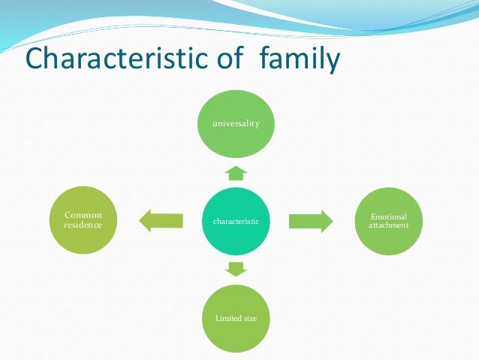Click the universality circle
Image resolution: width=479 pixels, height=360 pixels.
236,123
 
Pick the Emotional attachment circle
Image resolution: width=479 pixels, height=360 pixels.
388,221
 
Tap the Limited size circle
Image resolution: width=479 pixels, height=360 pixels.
236,317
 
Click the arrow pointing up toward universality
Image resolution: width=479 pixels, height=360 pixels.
236,174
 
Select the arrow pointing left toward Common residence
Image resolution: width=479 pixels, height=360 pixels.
161,221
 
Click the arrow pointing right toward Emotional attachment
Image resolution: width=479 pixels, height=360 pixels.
310,221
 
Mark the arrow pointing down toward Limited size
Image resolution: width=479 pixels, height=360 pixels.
236,268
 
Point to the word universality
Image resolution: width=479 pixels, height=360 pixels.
236,123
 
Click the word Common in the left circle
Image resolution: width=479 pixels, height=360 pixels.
83,216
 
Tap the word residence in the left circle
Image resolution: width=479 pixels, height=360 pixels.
83,225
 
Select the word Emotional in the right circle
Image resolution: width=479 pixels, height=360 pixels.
389,216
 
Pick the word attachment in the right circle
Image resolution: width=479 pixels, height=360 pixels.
389,225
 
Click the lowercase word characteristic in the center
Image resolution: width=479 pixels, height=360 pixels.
236,222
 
